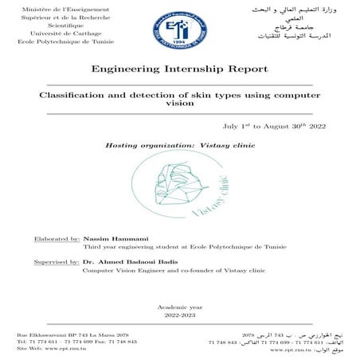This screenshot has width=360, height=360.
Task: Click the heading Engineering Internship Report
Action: [179, 70]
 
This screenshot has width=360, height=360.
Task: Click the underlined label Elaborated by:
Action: [57, 238]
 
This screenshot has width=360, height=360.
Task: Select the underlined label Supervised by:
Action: [56, 261]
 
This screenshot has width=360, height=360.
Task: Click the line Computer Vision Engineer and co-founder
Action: [173, 271]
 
